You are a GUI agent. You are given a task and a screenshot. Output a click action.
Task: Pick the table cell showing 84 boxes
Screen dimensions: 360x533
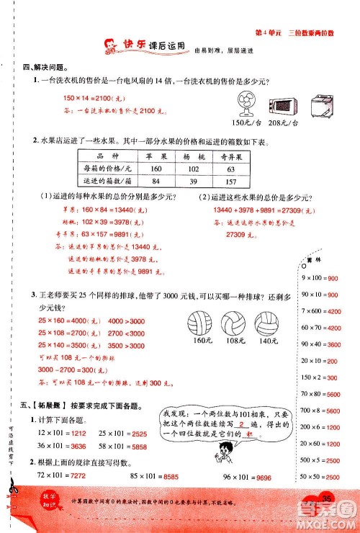pyautogui.click(x=156, y=181)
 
